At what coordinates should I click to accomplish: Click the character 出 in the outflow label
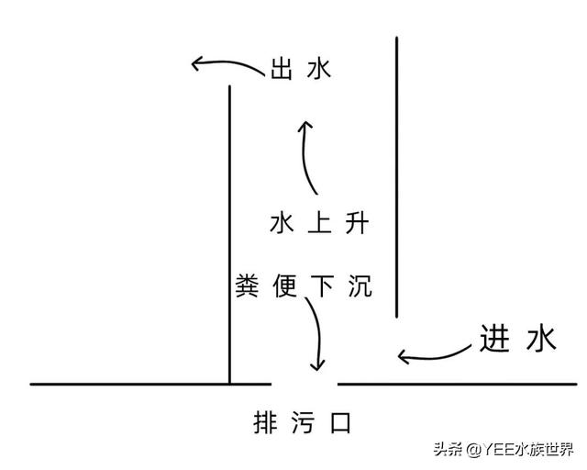coord(282,70)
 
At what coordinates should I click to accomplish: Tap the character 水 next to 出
coord(318,70)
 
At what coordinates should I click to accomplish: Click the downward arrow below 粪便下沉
coord(317,335)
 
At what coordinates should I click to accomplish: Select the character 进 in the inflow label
coord(493,340)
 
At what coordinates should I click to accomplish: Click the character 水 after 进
coord(539,340)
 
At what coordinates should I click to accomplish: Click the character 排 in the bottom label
coord(264,424)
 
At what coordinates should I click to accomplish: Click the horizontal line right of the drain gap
coord(459,384)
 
